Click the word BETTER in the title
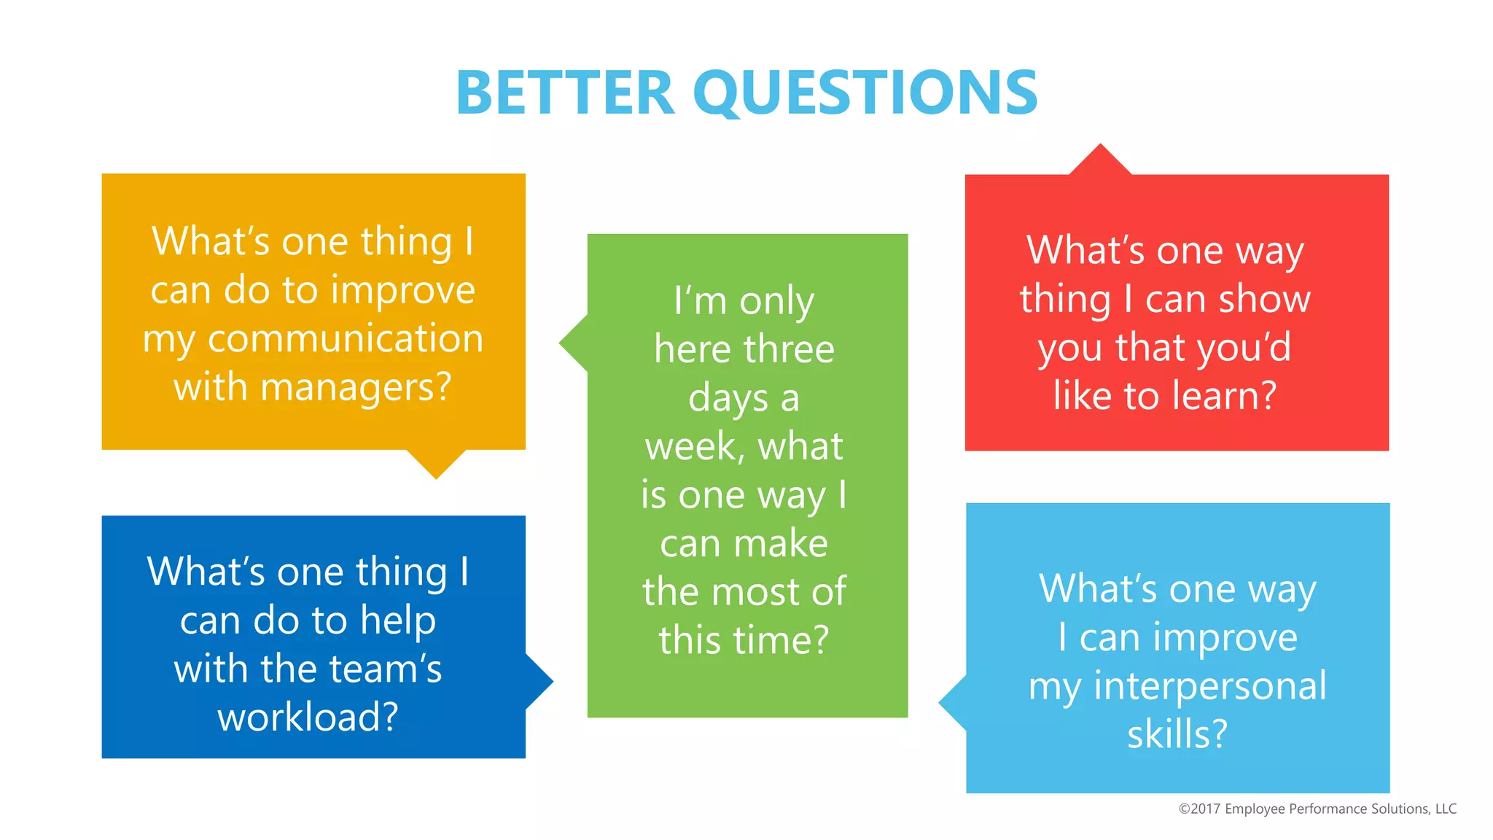tap(565, 93)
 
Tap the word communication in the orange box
tap(346, 339)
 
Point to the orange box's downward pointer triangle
tap(436, 462)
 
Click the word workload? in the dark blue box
tap(308, 717)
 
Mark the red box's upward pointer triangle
tap(1100, 161)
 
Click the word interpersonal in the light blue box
tap(1210, 686)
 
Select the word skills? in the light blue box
tap(1177, 734)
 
